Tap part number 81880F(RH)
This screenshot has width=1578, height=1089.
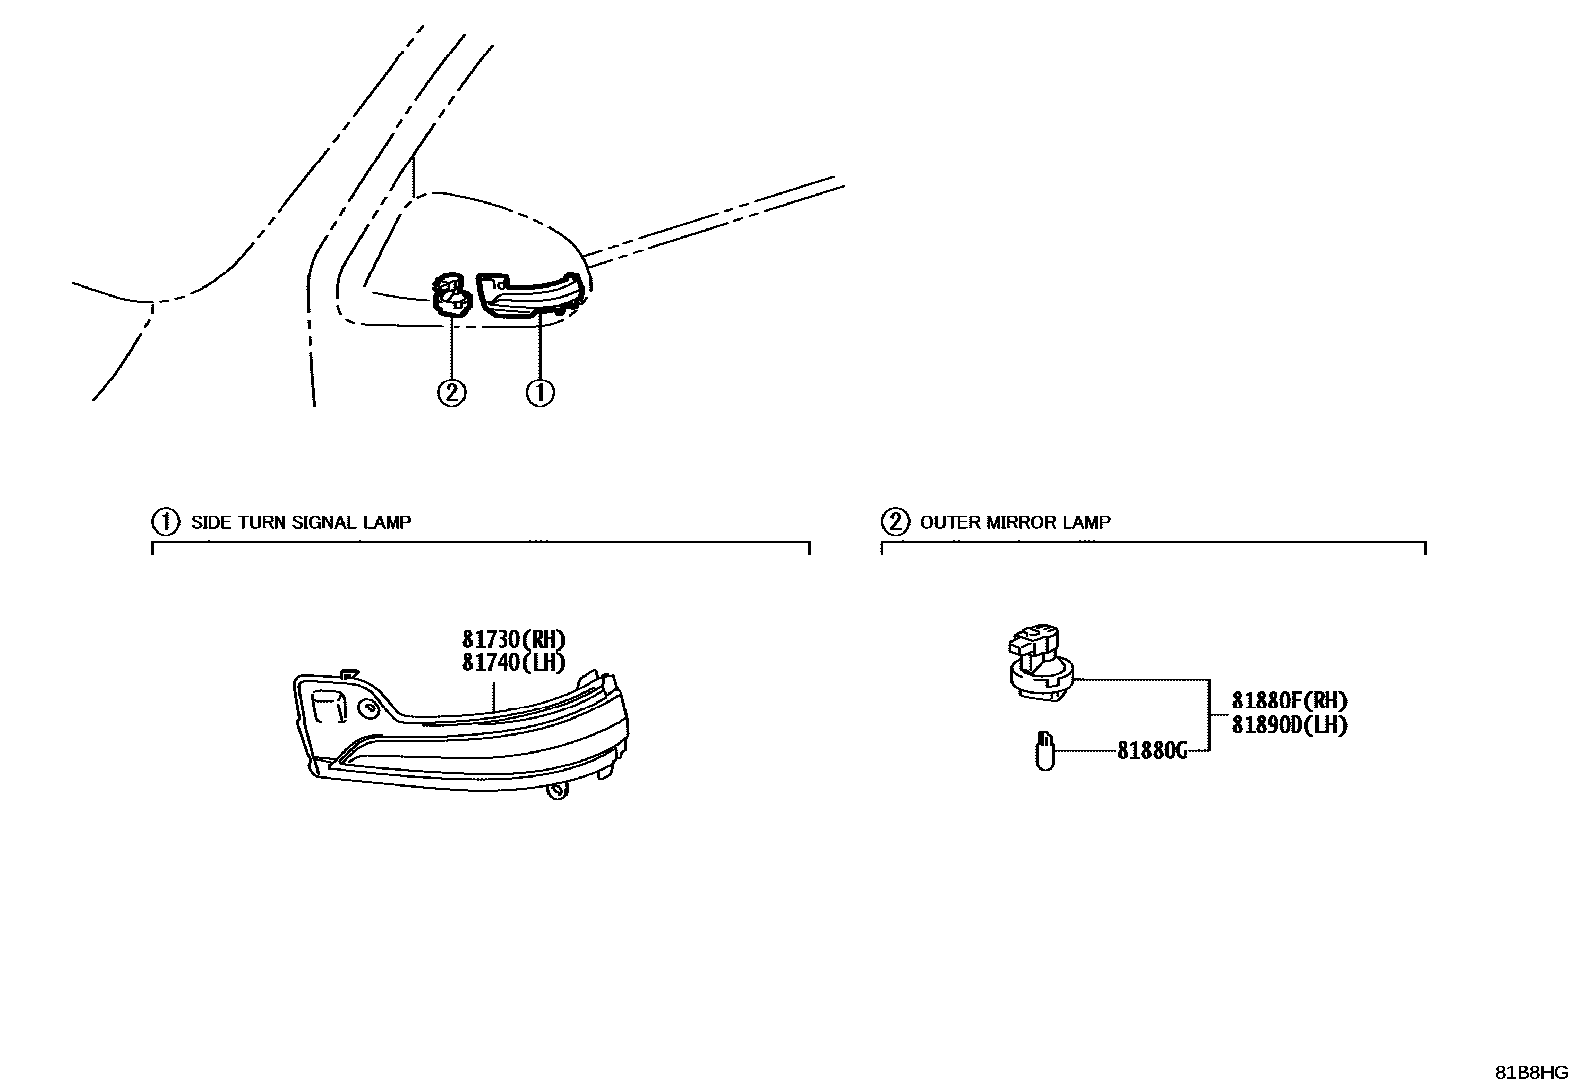point(1289,701)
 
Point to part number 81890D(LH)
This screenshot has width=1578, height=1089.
point(1289,724)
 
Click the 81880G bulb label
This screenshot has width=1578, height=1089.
point(1152,750)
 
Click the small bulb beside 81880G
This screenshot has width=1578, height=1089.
point(1043,750)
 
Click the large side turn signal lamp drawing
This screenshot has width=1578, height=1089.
point(466,733)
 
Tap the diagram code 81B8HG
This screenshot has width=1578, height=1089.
point(1531,1073)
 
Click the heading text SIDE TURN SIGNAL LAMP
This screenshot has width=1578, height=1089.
point(300,522)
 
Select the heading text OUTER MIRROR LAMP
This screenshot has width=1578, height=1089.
point(1015,522)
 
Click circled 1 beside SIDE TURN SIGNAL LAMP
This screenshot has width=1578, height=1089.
point(164,521)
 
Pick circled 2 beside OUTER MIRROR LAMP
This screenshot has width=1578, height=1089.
point(894,521)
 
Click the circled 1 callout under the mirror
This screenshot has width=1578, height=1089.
point(540,393)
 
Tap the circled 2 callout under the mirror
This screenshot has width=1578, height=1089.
point(451,393)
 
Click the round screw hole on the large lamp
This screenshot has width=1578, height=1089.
point(368,708)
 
